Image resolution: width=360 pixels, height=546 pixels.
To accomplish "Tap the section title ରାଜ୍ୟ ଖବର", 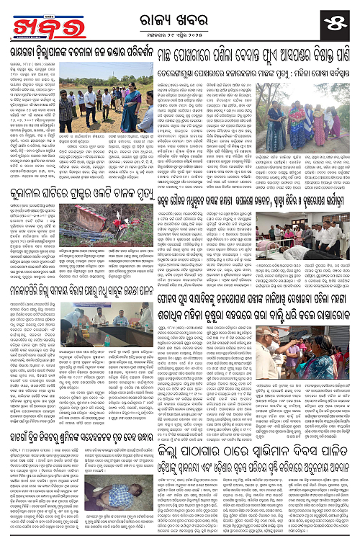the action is (179, 14).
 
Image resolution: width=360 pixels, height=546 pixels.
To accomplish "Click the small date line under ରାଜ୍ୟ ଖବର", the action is (179, 31).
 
